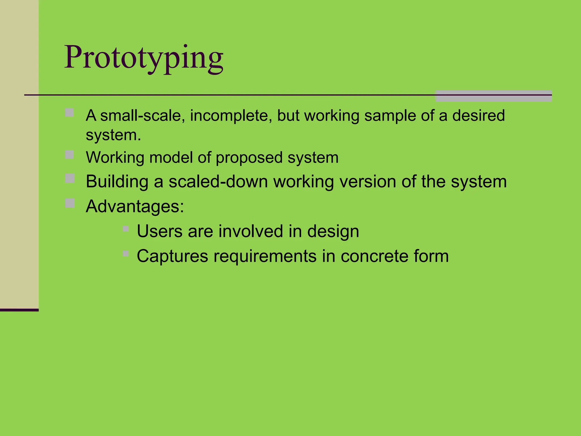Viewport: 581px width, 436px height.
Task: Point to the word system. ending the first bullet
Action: [113, 135]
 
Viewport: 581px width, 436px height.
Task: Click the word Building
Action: [117, 182]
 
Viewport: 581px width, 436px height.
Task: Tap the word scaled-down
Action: [218, 182]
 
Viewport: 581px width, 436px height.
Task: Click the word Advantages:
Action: [135, 207]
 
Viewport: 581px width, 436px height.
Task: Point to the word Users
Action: [159, 231]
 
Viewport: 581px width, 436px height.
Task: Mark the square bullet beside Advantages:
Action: [70, 203]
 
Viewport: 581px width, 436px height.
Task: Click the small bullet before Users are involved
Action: [126, 229]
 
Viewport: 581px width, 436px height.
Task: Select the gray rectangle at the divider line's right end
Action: [493, 96]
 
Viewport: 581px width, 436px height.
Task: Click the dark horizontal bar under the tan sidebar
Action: [19, 310]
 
